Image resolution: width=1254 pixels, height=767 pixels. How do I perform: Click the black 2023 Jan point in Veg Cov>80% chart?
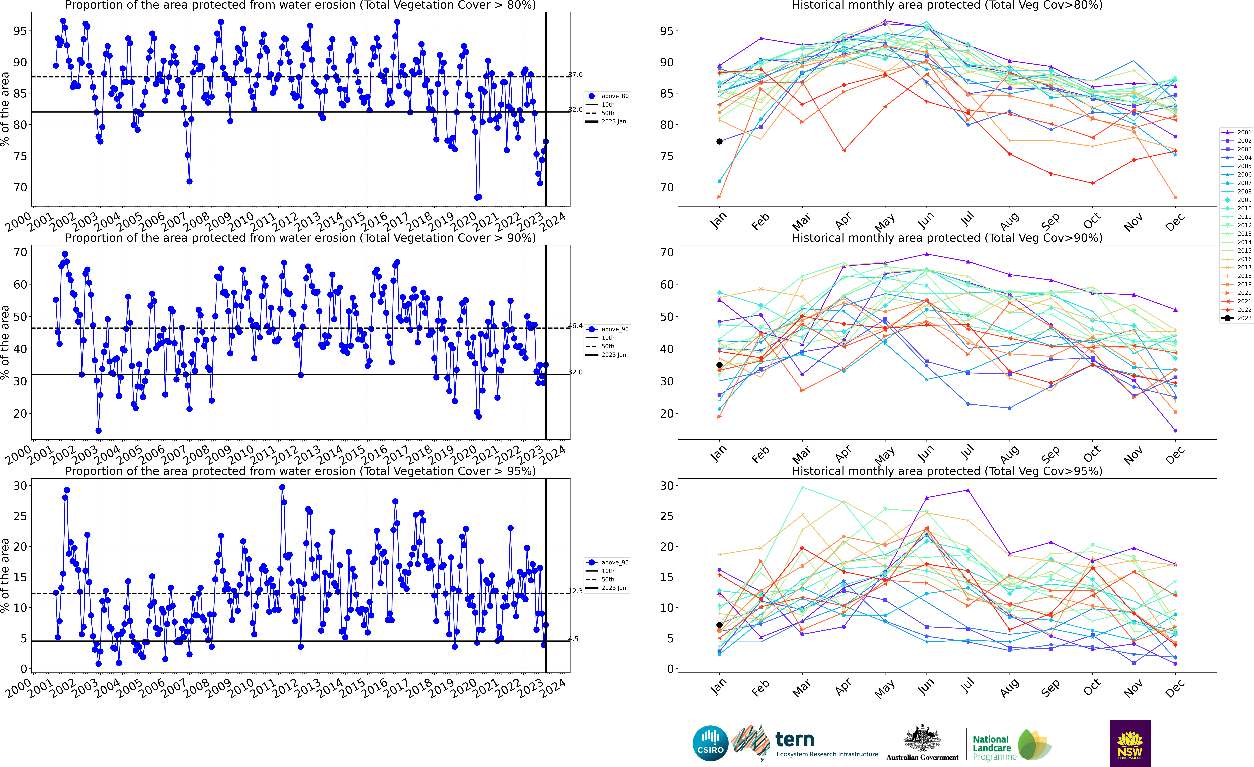[719, 141]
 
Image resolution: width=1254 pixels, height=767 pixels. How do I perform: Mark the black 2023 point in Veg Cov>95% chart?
[719, 625]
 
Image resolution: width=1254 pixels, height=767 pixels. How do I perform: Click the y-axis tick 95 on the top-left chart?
[19, 31]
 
